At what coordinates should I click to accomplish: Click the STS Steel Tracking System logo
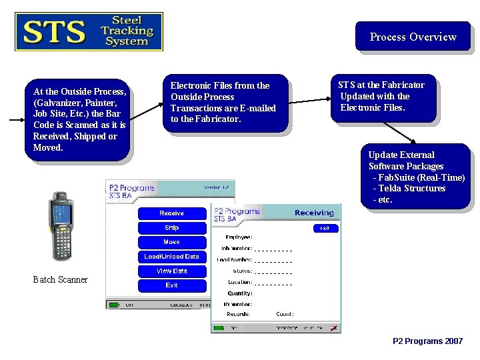pyautogui.click(x=89, y=31)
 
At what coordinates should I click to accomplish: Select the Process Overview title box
pyautogui.click(x=413, y=37)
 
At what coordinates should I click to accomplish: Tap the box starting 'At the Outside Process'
pyautogui.click(x=79, y=119)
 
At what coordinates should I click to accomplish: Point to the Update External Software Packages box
pyautogui.click(x=415, y=177)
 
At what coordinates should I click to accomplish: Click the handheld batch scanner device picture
pyautogui.click(x=62, y=227)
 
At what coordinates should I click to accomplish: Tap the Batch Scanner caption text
pyautogui.click(x=60, y=280)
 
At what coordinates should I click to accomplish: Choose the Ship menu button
pyautogui.click(x=171, y=228)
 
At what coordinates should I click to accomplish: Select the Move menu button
pyautogui.click(x=171, y=242)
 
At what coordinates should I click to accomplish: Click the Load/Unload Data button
pyautogui.click(x=171, y=257)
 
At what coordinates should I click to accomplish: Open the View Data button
pyautogui.click(x=171, y=271)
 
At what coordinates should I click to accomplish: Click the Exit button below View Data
pyautogui.click(x=171, y=285)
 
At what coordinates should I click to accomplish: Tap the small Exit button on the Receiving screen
pyautogui.click(x=325, y=228)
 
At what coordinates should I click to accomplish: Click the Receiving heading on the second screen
pyautogui.click(x=313, y=213)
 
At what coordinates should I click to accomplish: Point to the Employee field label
pyautogui.click(x=238, y=237)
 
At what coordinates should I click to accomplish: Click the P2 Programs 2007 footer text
pyautogui.click(x=427, y=341)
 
